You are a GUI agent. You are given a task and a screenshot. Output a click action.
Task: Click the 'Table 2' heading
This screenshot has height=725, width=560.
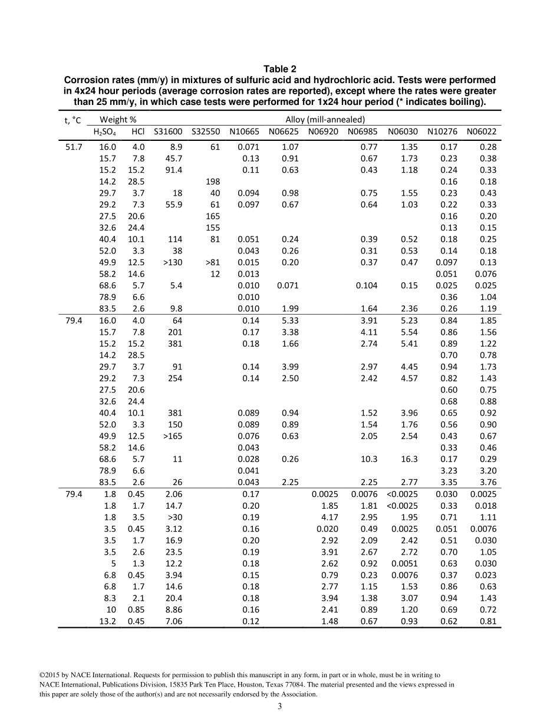[280, 69]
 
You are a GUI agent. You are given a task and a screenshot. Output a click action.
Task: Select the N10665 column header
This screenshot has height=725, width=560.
[245, 131]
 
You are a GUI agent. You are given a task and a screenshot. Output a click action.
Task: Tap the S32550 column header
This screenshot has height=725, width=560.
[206, 131]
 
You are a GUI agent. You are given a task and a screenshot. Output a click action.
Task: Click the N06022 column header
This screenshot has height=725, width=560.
[482, 131]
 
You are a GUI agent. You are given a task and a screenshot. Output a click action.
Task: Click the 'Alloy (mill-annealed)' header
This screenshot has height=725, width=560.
[325, 120]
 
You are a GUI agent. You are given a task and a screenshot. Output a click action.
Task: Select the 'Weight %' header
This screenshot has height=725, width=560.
[114, 120]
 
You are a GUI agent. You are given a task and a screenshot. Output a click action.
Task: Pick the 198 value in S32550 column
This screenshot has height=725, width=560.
[213, 182]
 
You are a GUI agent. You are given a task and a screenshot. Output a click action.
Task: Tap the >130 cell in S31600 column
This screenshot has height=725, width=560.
[172, 262]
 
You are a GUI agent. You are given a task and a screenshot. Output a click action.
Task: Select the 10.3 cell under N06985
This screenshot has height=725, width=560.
[369, 459]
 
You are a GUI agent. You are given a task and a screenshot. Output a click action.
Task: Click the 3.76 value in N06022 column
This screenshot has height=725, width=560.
[487, 482]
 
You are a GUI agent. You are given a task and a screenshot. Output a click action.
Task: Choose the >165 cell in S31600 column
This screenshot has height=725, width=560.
[172, 436]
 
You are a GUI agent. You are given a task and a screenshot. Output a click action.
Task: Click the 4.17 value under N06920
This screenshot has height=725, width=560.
[330, 517]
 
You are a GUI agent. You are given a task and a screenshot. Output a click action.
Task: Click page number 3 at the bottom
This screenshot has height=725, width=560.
[280, 707]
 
